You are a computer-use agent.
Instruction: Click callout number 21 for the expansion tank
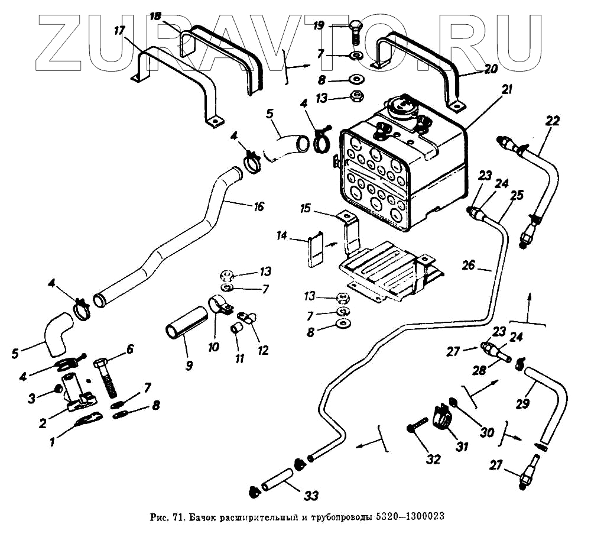click(507, 90)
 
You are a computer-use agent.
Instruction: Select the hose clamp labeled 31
click(443, 415)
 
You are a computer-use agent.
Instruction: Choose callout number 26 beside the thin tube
click(468, 266)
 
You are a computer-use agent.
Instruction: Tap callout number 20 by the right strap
click(491, 69)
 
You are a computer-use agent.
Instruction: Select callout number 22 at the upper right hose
click(552, 122)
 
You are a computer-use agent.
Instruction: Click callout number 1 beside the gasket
click(53, 440)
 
